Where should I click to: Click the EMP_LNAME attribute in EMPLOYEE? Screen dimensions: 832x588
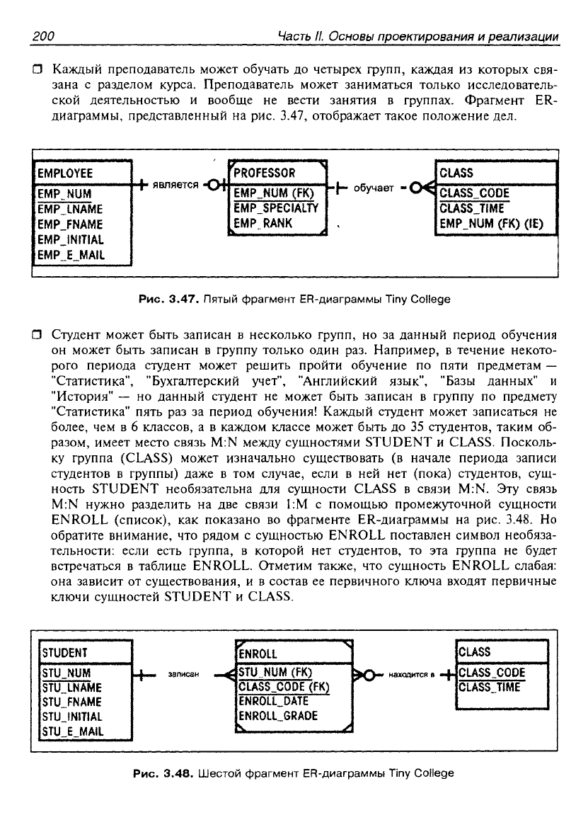(70, 209)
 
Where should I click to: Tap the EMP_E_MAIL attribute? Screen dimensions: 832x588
(70, 255)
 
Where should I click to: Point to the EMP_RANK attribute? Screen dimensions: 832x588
(263, 223)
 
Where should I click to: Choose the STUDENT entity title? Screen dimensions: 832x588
(64, 652)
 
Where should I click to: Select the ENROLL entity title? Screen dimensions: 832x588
(259, 654)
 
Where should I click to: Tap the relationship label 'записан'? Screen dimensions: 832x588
(183, 674)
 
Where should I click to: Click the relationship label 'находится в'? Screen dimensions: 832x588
(410, 675)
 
